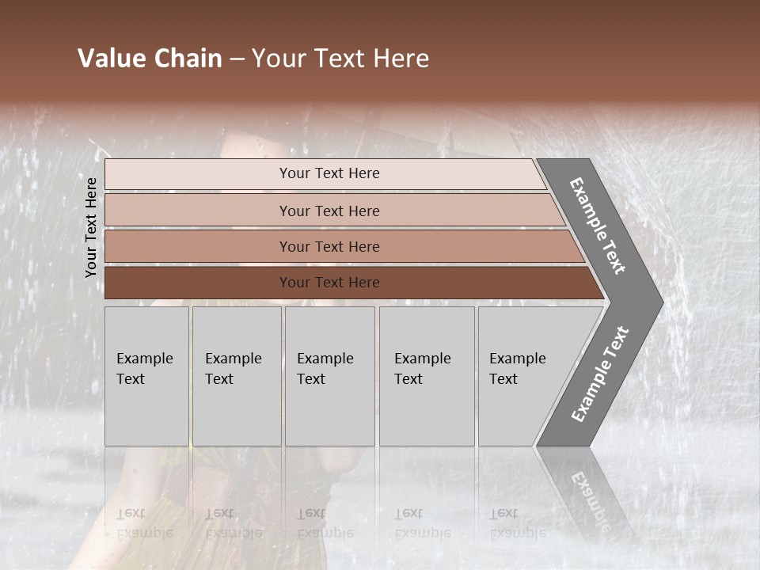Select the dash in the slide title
[237, 59]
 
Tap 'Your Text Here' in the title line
[340, 59]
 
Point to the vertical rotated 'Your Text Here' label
[91, 227]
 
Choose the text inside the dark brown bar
[329, 283]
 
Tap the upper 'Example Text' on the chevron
[598, 226]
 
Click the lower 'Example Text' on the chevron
[599, 374]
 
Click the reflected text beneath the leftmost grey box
[144, 523]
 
